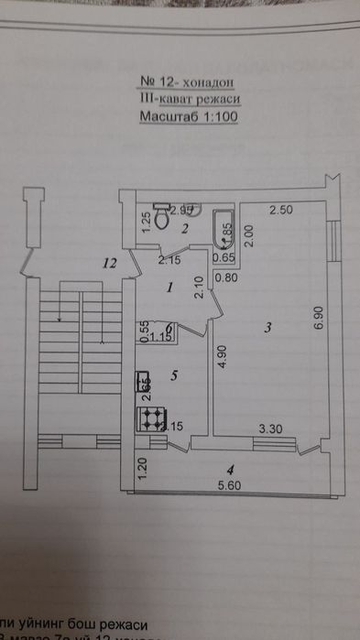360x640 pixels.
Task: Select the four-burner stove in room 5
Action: pos(151,418)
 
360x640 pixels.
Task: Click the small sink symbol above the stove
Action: pos(144,388)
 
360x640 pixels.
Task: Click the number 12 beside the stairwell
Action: pos(111,264)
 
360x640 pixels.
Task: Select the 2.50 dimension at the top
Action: pos(280,212)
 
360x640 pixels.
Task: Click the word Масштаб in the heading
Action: pos(166,117)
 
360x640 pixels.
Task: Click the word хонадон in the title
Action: pos(204,82)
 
